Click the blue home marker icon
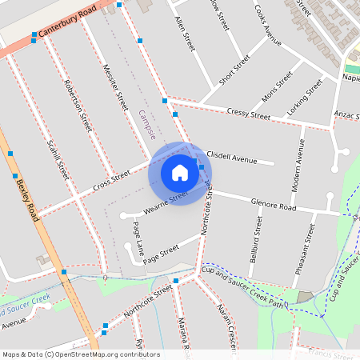(179, 173)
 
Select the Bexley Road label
(27, 200)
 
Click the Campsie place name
(146, 124)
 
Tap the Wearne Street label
(166, 201)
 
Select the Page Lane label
(134, 238)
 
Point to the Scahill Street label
(58, 158)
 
